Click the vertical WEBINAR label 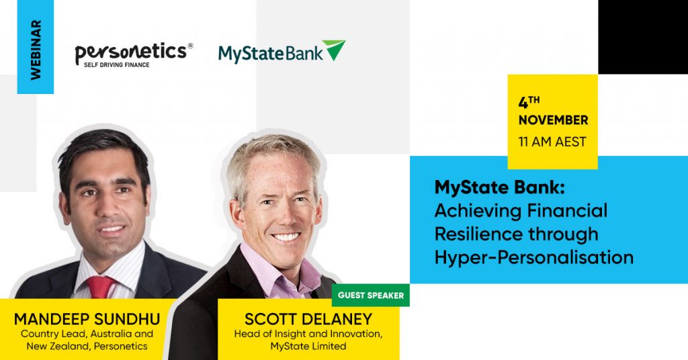(36, 50)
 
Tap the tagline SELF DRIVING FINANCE (117, 65)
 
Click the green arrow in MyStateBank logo (334, 50)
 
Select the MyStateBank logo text (271, 54)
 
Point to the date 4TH (529, 101)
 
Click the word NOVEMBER (554, 120)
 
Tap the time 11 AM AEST (552, 142)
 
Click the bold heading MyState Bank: (500, 187)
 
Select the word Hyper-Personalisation (534, 257)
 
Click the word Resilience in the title (478, 234)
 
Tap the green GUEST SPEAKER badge (371, 295)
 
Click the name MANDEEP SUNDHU (87, 319)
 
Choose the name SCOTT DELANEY (308, 319)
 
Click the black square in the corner (643, 37)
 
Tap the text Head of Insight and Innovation (308, 334)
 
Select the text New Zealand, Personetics (87, 347)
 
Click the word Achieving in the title (477, 211)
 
